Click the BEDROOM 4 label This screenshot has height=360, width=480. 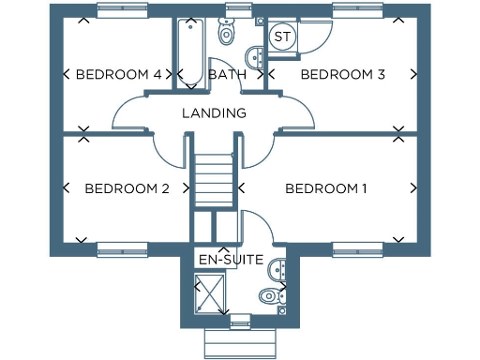coord(118,75)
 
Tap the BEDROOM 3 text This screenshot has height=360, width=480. coord(342,75)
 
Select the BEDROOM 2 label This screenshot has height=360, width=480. coord(127,189)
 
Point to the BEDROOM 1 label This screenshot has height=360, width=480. coord(326,189)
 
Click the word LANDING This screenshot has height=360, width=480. coord(214,113)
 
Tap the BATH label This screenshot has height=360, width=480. coord(227,75)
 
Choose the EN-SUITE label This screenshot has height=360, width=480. coord(230,259)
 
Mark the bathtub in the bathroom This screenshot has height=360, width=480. coord(190,52)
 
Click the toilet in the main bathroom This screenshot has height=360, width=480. coord(226,34)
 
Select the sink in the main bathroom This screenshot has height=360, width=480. coord(255,54)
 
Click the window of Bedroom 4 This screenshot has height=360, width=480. coord(123,9)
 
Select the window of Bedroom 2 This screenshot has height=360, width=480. coord(123,249)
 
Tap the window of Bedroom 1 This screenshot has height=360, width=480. coord(358,249)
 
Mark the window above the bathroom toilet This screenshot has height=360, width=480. coord(238,9)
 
